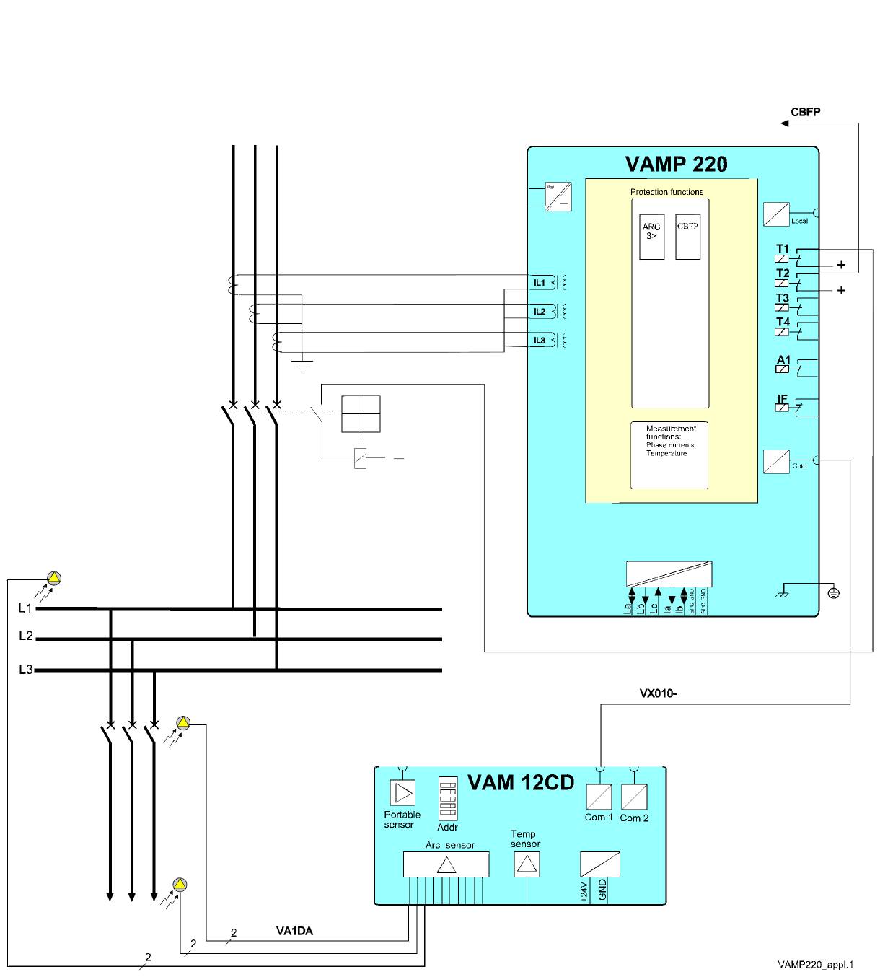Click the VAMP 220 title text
(676, 165)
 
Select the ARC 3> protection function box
(651, 236)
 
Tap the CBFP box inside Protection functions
(687, 236)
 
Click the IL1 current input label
(540, 283)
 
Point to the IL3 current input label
(540, 340)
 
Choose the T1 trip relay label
(783, 249)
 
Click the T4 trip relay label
(783, 322)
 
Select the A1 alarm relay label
(783, 359)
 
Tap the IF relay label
(783, 398)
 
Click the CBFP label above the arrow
(805, 112)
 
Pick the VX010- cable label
(657, 693)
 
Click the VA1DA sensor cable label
(294, 931)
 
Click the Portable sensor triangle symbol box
(402, 792)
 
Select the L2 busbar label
(26, 636)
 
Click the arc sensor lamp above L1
(54, 577)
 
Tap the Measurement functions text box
(669, 455)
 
